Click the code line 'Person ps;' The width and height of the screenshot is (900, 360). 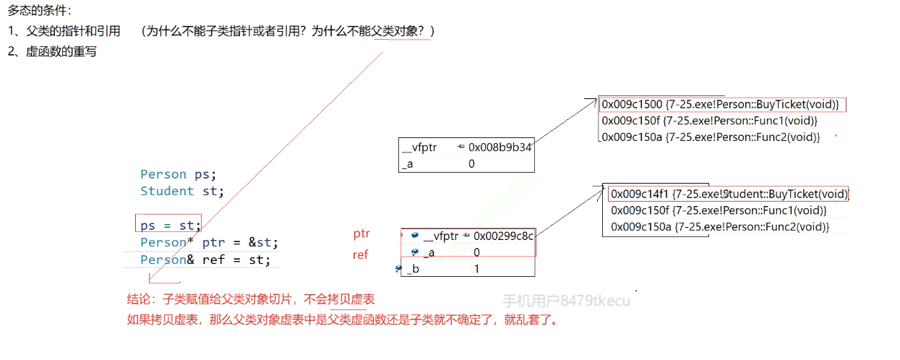pyautogui.click(x=178, y=174)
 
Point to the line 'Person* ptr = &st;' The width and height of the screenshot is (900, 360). pyautogui.click(x=209, y=242)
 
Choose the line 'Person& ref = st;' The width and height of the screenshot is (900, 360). pyautogui.click(x=205, y=260)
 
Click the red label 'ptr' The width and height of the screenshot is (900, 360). pyautogui.click(x=361, y=233)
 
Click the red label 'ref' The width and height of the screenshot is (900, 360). pyautogui.click(x=360, y=254)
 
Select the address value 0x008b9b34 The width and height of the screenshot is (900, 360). pyautogui.click(x=500, y=147)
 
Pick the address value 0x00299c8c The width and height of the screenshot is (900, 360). pyautogui.click(x=504, y=236)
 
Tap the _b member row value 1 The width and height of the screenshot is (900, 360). pyautogui.click(x=476, y=269)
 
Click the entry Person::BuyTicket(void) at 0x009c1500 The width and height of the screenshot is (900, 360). pyautogui.click(x=720, y=105)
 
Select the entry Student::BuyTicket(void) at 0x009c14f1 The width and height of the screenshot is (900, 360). pyautogui.click(x=729, y=194)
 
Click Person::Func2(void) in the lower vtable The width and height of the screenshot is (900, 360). pyautogui.click(x=719, y=227)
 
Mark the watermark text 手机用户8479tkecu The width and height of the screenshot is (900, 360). pyautogui.click(x=566, y=301)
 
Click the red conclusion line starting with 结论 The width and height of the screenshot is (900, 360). pyautogui.click(x=251, y=299)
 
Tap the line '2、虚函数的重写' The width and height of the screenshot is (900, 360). pyautogui.click(x=52, y=52)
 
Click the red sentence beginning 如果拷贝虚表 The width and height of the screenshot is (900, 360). pyautogui.click(x=343, y=320)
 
